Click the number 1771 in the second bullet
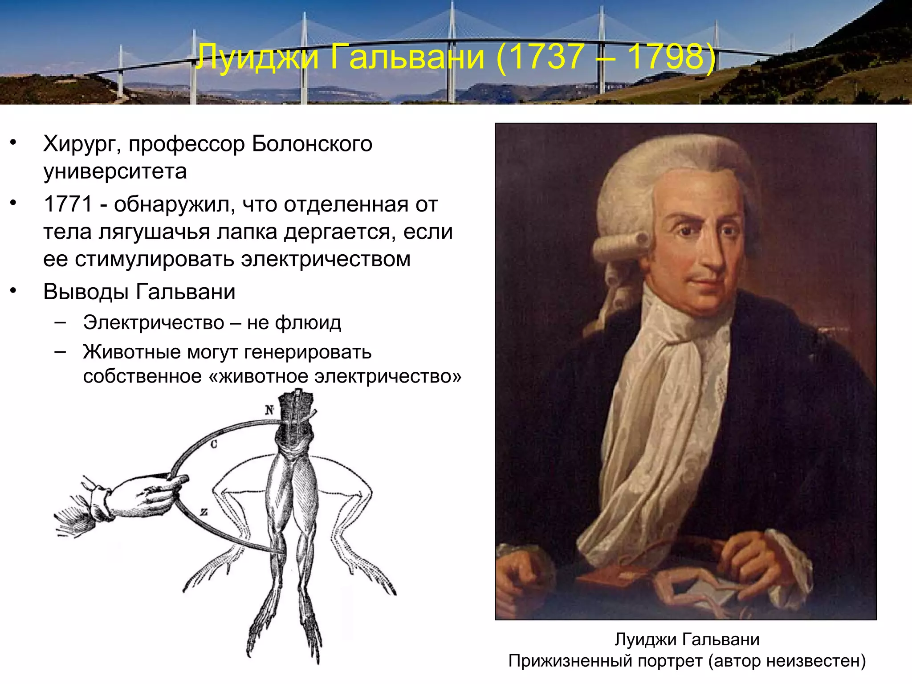pos(68,204)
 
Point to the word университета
pos(115,171)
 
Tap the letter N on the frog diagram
pos(269,410)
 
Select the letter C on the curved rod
pos(214,444)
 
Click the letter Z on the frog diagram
pos(204,512)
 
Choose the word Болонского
pos(312,144)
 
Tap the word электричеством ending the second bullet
pos(326,259)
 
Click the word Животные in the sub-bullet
pos(132,352)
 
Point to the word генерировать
pos(308,352)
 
